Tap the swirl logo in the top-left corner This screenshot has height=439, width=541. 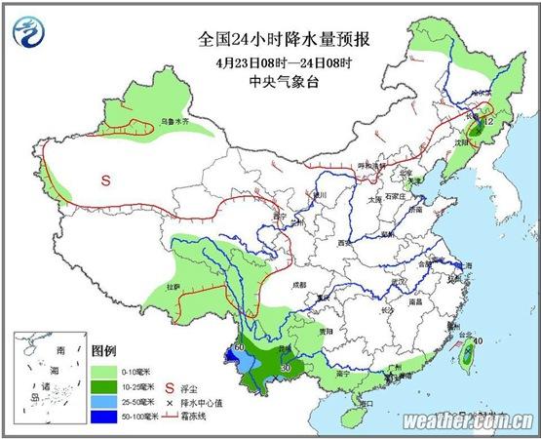pyautogui.click(x=28, y=32)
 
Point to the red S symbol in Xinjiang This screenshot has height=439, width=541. pyautogui.click(x=106, y=180)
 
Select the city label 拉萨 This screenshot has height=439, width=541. pyautogui.click(x=173, y=287)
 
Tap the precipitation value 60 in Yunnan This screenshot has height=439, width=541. pyautogui.click(x=239, y=346)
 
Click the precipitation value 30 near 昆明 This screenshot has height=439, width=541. pyautogui.click(x=286, y=367)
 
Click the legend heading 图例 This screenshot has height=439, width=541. pyautogui.click(x=103, y=349)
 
